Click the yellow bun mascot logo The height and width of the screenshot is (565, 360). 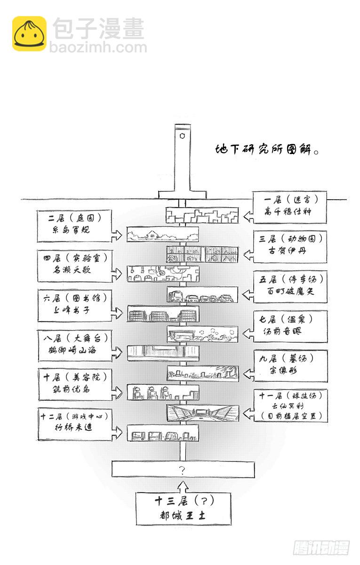coord(29,33)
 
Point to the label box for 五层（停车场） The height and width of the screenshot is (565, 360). coord(289,286)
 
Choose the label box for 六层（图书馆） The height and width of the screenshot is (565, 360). coord(75,305)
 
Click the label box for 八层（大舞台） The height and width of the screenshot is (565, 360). coord(75,345)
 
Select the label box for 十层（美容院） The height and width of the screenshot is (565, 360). coord(75,384)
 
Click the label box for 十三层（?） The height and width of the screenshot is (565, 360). coord(184,508)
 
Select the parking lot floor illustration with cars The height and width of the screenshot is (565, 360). coord(202,295)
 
